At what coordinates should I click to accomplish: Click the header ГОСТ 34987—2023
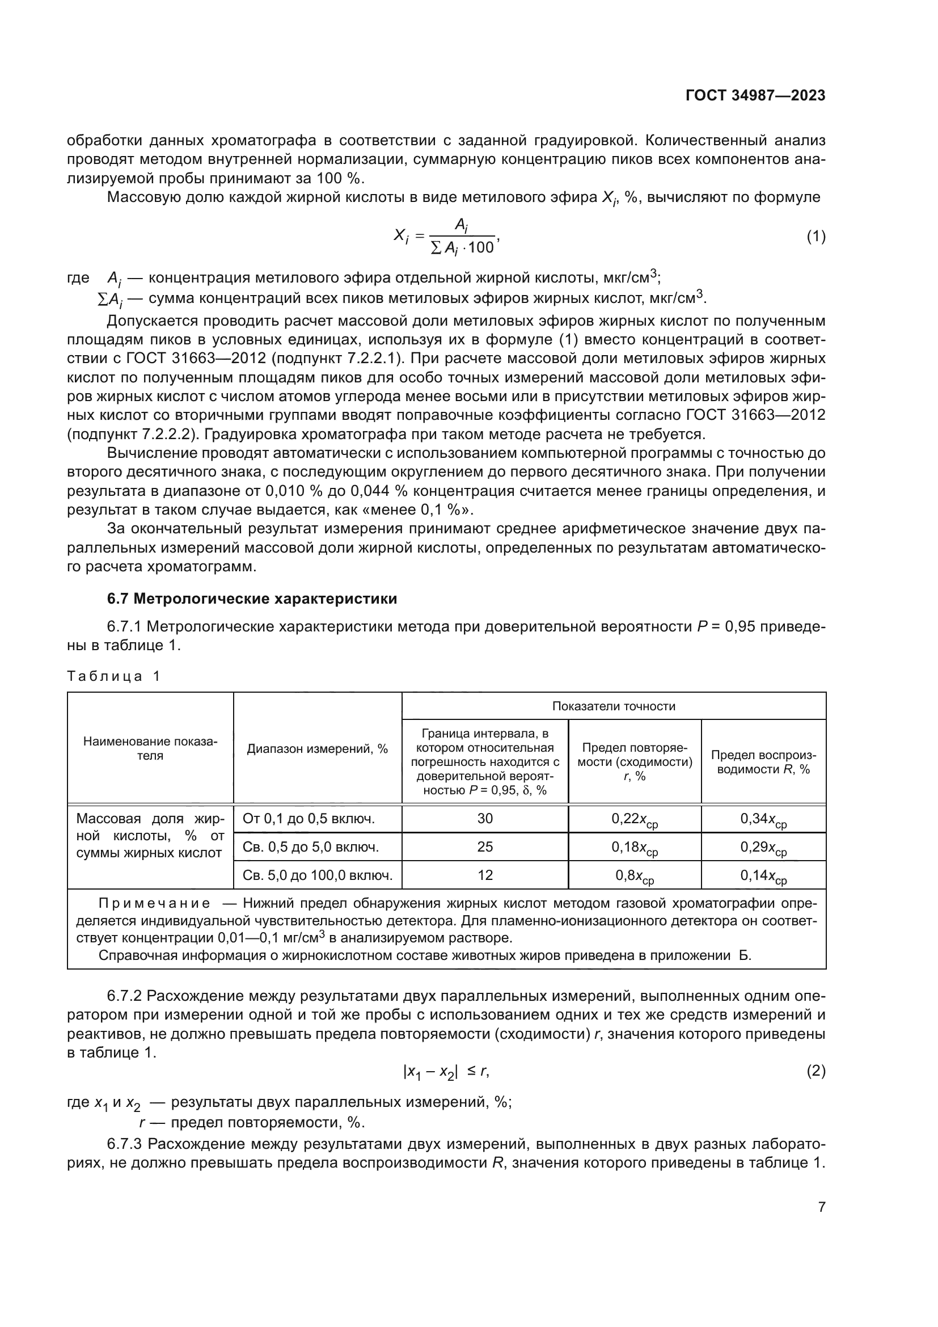(755, 95)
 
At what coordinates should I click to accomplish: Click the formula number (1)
(816, 237)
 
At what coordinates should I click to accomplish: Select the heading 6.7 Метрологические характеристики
(252, 599)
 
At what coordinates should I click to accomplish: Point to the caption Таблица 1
(113, 676)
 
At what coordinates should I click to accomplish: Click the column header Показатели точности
(614, 706)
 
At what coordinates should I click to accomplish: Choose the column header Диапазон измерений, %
(317, 749)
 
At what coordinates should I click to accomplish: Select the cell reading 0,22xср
(634, 820)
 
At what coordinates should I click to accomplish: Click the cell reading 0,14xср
(763, 876)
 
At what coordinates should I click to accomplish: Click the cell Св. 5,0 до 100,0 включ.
(317, 875)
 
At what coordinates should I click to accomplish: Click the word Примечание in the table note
(154, 903)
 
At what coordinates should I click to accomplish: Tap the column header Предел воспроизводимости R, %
(763, 762)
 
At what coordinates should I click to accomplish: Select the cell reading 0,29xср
(763, 848)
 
